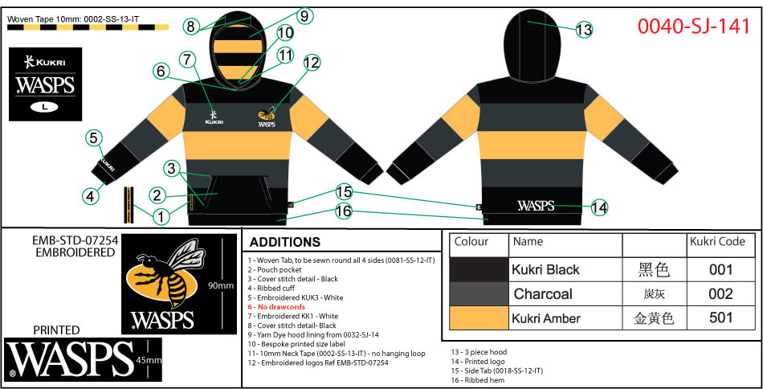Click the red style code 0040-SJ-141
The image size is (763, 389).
pos(693,25)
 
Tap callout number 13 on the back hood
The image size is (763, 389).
pos(584,30)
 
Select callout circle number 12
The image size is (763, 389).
pos(311,62)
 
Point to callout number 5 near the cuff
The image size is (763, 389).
pos(93,138)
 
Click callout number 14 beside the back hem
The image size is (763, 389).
pos(599,207)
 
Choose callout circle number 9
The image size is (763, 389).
pos(304,14)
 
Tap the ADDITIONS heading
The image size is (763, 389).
pos(284,242)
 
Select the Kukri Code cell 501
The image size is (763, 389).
pos(720,318)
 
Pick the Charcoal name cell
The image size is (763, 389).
pos(543,294)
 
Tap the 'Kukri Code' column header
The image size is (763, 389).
pos(717,241)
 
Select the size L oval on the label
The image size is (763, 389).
pos(41,106)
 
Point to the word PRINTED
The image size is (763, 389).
pos(56,330)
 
